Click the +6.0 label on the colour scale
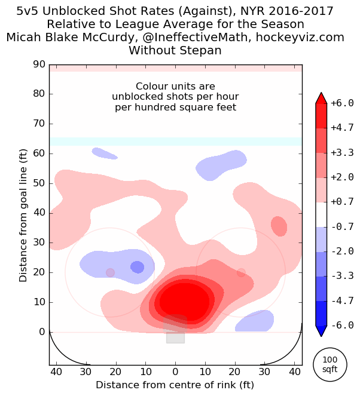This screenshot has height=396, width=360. (342, 102)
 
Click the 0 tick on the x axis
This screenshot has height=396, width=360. (175, 372)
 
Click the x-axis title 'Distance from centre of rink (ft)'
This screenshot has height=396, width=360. (175, 384)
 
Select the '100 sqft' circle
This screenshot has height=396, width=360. (330, 364)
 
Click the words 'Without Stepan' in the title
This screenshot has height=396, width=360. (175, 51)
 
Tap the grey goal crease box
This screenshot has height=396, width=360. (175, 332)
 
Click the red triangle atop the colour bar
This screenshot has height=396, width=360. (321, 97)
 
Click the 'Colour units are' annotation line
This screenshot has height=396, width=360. (175, 87)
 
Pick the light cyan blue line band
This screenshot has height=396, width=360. (175, 142)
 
